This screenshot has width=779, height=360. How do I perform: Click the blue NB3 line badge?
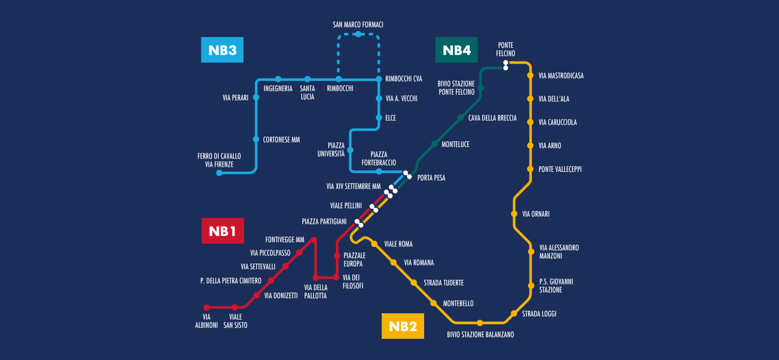222,50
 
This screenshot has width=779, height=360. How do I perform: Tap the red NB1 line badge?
222,231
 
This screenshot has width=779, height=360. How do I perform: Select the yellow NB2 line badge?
403,326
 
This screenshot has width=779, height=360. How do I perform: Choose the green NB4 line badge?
456,50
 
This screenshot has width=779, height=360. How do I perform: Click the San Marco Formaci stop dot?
358,34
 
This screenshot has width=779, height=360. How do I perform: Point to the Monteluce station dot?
435,144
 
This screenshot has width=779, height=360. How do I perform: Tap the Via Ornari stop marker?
514,213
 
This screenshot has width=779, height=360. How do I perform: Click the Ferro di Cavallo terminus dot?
219,172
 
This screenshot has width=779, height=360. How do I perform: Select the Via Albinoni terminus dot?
207,307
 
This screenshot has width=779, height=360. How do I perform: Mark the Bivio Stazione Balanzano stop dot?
480,322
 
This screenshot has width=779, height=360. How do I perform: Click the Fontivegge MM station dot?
314,240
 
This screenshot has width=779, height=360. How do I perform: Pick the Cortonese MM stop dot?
256,139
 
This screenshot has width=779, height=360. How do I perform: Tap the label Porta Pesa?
431,178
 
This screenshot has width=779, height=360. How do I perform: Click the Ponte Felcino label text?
505,50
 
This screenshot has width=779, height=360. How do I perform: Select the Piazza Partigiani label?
324,222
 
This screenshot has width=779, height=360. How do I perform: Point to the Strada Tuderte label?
444,283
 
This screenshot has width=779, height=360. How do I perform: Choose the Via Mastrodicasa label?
561,76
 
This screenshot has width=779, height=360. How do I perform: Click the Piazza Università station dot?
350,150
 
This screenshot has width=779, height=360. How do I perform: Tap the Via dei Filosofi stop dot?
336,277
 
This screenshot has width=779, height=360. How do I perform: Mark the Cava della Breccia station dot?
460,118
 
